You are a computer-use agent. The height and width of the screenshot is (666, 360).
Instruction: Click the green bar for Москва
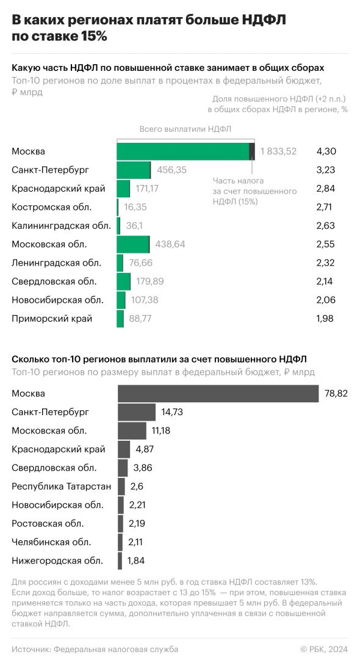pyautogui.click(x=183, y=151)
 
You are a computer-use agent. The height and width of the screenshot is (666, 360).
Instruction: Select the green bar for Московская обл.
pyautogui.click(x=133, y=244)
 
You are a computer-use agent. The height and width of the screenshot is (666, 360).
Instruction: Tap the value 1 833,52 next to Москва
pyautogui.click(x=278, y=151)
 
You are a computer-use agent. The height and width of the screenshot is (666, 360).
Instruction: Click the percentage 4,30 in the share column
pyautogui.click(x=326, y=151)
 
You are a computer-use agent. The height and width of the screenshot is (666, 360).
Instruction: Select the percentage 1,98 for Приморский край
pyautogui.click(x=326, y=318)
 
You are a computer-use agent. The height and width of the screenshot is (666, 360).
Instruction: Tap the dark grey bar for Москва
pyautogui.click(x=218, y=394)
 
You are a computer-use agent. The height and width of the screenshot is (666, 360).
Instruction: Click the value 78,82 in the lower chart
pyautogui.click(x=336, y=394)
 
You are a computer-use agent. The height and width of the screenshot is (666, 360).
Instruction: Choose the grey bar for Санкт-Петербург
pyautogui.click(x=137, y=413)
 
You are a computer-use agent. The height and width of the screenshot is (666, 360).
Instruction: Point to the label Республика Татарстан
pyautogui.click(x=62, y=487)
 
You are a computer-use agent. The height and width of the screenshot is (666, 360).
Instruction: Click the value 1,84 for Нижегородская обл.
pyautogui.click(x=136, y=560)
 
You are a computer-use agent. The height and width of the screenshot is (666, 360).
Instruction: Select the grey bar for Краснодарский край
pyautogui.click(x=124, y=449)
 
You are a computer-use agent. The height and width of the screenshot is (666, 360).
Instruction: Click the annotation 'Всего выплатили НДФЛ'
pyautogui.click(x=185, y=129)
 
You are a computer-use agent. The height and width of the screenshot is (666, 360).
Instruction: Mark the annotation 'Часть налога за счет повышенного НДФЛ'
pyautogui.click(x=254, y=191)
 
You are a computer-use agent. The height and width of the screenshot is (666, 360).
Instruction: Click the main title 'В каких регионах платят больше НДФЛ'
pyautogui.click(x=149, y=21)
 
